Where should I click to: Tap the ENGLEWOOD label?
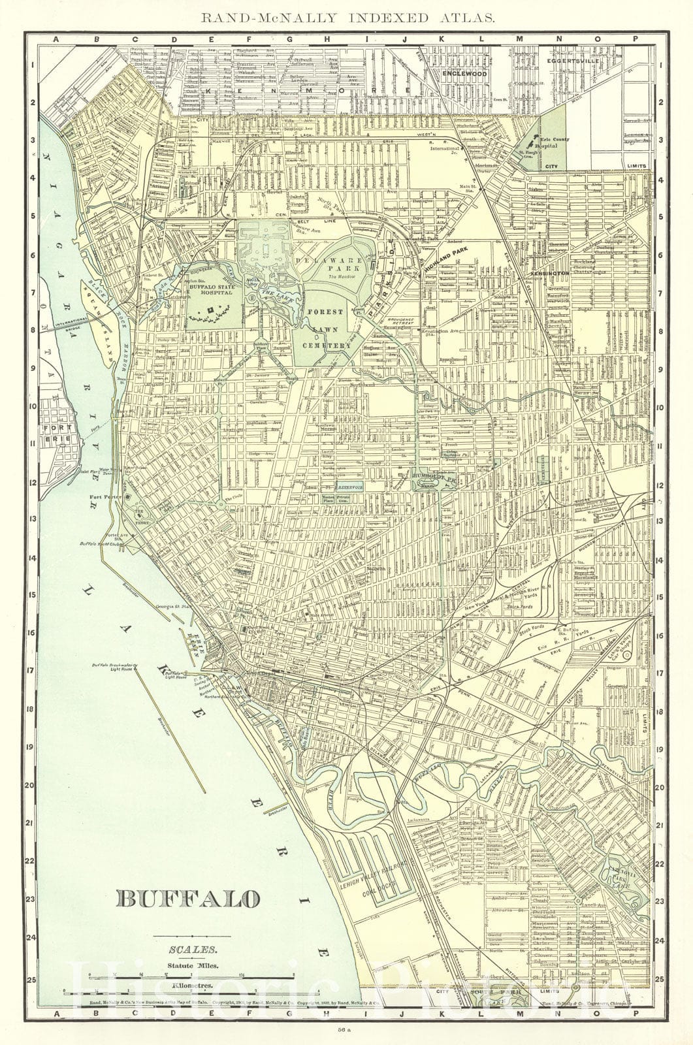465,74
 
